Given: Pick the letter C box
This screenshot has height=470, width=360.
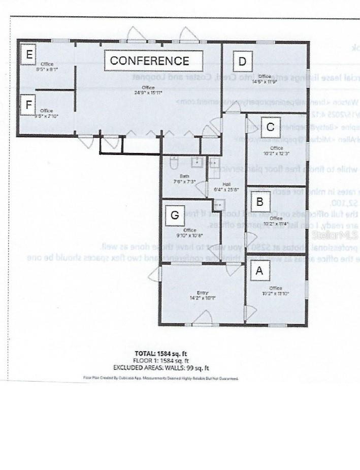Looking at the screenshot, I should (x=270, y=127).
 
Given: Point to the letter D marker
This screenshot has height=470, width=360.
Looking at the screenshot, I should (x=242, y=62).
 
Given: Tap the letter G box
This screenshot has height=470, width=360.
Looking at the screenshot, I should (x=175, y=215).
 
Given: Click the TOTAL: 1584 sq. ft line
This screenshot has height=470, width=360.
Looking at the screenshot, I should (x=163, y=353).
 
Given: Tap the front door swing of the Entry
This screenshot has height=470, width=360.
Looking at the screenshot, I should (x=205, y=318).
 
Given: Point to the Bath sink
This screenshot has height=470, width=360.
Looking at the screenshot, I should (x=197, y=162).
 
